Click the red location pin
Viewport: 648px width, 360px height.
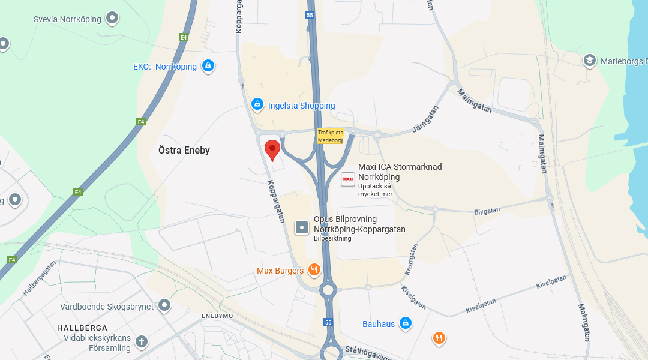(x=272, y=149)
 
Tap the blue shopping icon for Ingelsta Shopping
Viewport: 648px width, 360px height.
(x=257, y=104)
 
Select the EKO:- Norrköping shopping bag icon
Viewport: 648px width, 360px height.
(x=208, y=65)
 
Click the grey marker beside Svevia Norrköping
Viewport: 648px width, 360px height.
(x=112, y=19)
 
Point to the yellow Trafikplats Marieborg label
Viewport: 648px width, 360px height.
(x=330, y=136)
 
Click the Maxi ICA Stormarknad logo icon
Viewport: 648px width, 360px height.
(x=348, y=179)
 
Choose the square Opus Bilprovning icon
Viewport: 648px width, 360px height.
(x=302, y=227)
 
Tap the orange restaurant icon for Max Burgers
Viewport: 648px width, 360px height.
(x=313, y=270)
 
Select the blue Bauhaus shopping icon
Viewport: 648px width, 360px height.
(x=406, y=323)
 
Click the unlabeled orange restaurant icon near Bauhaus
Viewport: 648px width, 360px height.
(x=439, y=338)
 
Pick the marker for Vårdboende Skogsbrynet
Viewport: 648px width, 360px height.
(x=164, y=306)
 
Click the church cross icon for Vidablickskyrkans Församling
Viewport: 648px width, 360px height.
(x=142, y=342)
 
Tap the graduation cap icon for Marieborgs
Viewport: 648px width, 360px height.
(x=590, y=61)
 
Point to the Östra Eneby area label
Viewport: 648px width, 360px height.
(x=184, y=150)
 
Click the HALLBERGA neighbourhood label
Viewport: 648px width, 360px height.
(x=82, y=328)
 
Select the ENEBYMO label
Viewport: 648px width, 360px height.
(x=217, y=316)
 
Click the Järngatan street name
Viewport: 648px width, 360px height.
(x=426, y=119)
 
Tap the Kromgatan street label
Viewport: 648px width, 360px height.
(x=411, y=259)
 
